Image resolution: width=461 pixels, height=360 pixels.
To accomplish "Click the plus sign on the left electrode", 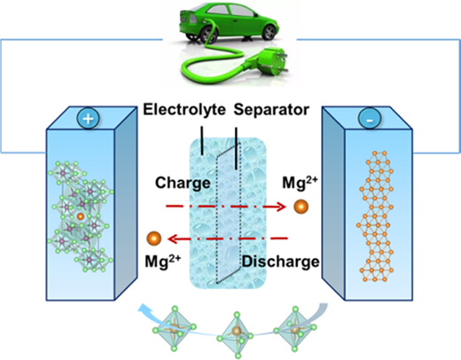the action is coord(88,119).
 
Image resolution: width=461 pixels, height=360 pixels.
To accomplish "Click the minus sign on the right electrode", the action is coord(370,121).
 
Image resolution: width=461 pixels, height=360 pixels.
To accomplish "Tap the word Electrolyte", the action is coord(184,109).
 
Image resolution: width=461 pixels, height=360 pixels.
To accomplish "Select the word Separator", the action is coord(271,110).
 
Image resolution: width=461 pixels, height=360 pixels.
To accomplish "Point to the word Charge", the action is coord(183,183).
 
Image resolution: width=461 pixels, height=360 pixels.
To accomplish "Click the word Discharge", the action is coord(281,262).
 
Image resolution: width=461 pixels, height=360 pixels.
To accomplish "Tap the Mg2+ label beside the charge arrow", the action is coord(300,183).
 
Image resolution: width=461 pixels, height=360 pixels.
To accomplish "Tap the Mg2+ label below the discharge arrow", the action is coord(162,261).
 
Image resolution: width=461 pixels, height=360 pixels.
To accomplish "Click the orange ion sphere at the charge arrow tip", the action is coord(301,207).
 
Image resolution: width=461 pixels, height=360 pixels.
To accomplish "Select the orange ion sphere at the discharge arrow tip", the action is coord(154,239).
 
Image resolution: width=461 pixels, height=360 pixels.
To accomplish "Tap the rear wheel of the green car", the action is coord(208,35).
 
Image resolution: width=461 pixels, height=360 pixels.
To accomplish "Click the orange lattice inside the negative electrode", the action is coord(376,216).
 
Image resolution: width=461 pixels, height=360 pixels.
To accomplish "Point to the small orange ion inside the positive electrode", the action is coord(81,216).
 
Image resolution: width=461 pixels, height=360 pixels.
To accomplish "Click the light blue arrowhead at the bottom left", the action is coord(145,309).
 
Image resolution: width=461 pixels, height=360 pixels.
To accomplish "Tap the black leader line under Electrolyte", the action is coord(202,140).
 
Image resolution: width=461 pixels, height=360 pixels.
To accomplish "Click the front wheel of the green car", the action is coord(269,32).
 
